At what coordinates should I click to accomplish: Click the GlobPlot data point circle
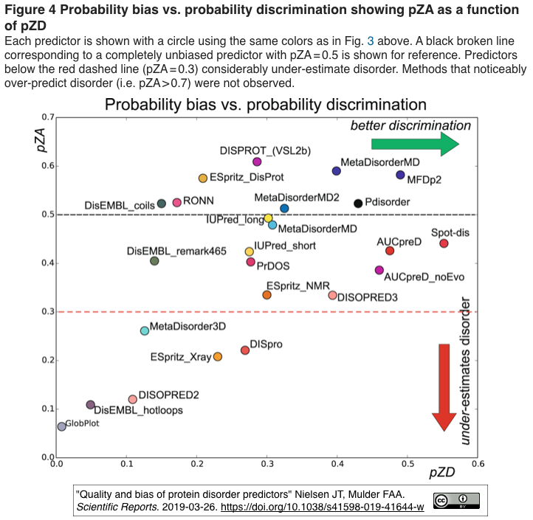(61, 426)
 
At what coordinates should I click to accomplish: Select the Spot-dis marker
(444, 243)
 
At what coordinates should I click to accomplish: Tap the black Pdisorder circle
(358, 203)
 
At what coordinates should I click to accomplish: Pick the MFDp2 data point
(400, 175)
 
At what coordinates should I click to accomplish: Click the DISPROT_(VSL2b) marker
(257, 162)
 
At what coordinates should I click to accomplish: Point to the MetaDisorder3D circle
(145, 330)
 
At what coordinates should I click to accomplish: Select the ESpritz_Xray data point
(218, 356)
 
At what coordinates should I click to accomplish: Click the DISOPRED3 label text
(367, 297)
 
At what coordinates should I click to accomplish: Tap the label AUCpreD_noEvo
(424, 277)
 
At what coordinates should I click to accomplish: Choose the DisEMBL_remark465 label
(176, 252)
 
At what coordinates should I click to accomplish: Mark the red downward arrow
(444, 386)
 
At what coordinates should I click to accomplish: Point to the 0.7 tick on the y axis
(48, 117)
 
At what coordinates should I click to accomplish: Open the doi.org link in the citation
(323, 507)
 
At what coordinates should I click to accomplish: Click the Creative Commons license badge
(456, 500)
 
